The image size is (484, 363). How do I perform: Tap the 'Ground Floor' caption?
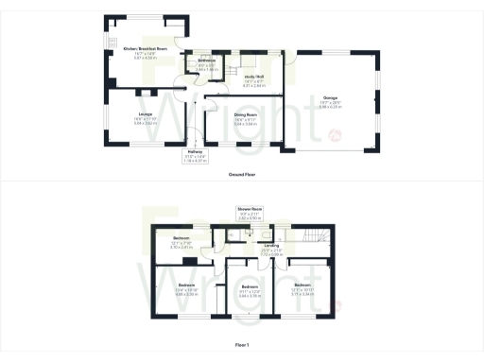241,175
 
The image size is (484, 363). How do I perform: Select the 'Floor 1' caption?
241,347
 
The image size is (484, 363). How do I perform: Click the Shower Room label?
251,210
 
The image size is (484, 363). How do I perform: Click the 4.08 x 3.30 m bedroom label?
185,285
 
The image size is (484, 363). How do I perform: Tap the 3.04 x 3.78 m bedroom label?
249,286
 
